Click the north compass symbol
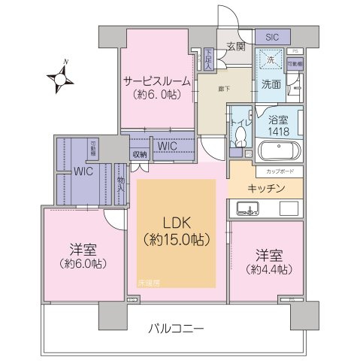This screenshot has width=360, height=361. [60, 77]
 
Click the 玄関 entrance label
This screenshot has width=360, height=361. [234, 47]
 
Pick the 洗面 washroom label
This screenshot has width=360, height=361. [271, 84]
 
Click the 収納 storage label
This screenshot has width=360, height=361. [140, 156]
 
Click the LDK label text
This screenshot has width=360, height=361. [174, 223]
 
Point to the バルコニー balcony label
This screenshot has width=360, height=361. [176, 329]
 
